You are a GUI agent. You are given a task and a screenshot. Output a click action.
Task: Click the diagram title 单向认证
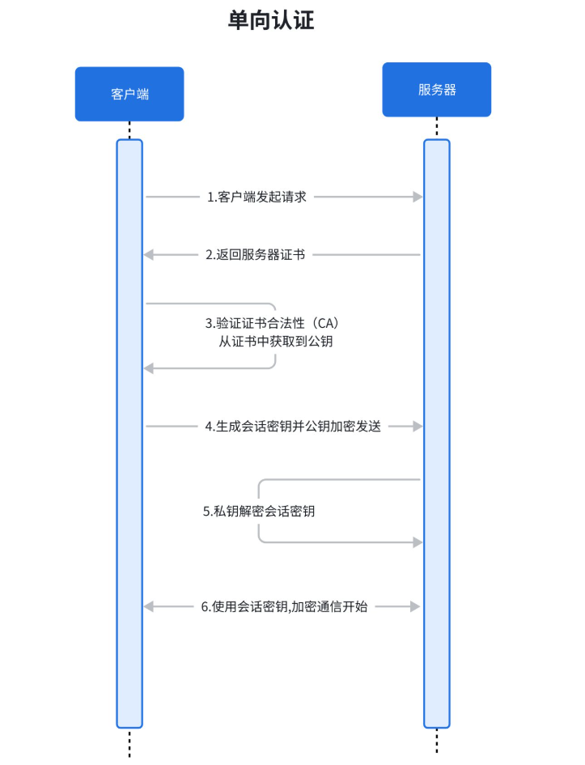271,20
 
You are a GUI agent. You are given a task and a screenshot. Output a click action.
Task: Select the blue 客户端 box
129,94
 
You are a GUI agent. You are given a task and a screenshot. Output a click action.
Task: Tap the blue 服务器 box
437,90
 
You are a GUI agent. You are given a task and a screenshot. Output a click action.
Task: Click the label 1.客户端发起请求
256,197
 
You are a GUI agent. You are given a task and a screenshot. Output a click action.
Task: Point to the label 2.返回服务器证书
255,254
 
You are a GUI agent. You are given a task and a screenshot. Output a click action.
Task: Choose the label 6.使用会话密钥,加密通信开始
284,606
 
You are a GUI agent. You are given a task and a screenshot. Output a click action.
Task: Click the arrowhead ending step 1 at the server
418,197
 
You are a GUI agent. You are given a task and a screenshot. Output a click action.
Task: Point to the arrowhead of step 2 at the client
148,255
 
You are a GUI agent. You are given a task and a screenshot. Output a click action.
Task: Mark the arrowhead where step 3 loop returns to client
148,368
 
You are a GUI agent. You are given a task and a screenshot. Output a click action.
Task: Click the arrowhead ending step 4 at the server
418,426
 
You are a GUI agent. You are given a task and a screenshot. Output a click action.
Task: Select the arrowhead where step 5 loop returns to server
418,542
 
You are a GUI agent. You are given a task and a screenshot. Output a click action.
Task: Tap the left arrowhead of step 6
148,606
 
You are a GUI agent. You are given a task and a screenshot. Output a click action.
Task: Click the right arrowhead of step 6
418,606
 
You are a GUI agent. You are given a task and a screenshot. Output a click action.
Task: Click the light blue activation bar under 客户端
129,486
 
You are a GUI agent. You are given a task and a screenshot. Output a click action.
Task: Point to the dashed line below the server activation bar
437,742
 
